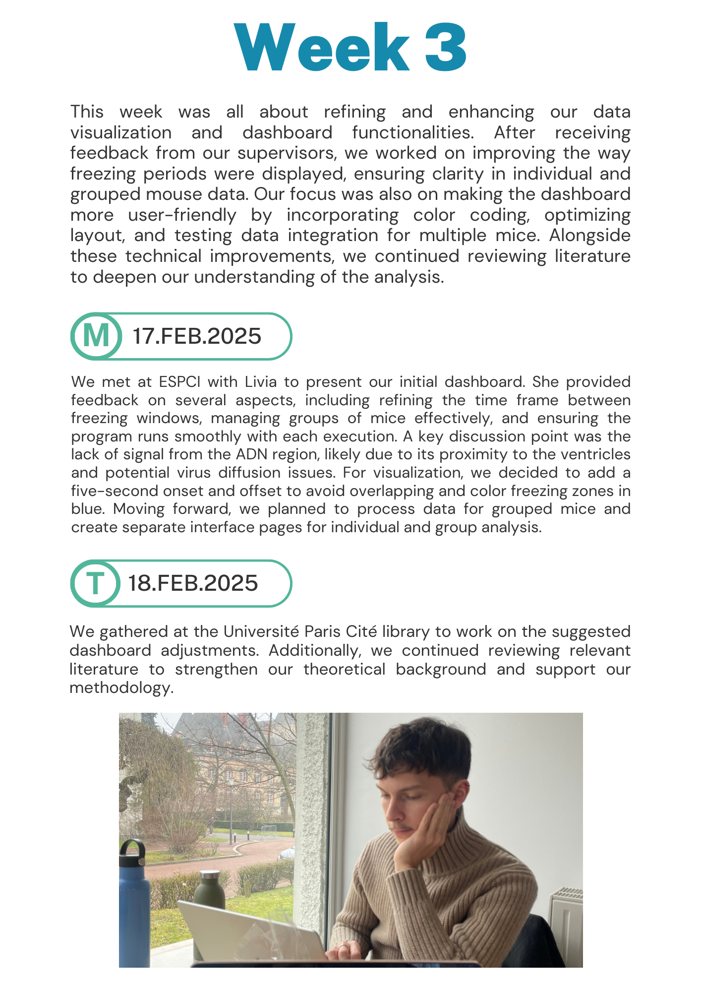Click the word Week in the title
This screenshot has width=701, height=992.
pyautogui.click(x=322, y=48)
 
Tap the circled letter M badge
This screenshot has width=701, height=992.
pyautogui.click(x=96, y=336)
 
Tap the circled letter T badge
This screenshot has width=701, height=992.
pyautogui.click(x=95, y=583)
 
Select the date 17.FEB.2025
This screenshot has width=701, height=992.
pyautogui.click(x=197, y=336)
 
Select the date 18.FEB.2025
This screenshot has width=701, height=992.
pyautogui.click(x=193, y=583)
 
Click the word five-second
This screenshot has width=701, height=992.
pyautogui.click(x=104, y=491)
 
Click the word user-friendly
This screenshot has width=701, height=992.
pyautogui.click(x=182, y=215)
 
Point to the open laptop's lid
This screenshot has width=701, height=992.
pyautogui.click(x=253, y=932)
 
